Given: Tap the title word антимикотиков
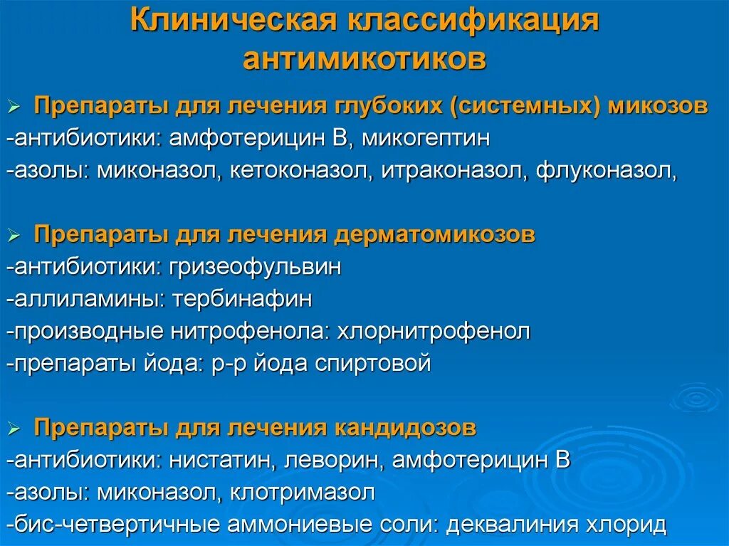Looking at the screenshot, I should click(364, 59).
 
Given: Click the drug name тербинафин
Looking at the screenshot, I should click(241, 299).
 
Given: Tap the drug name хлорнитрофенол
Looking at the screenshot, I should click(434, 332).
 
